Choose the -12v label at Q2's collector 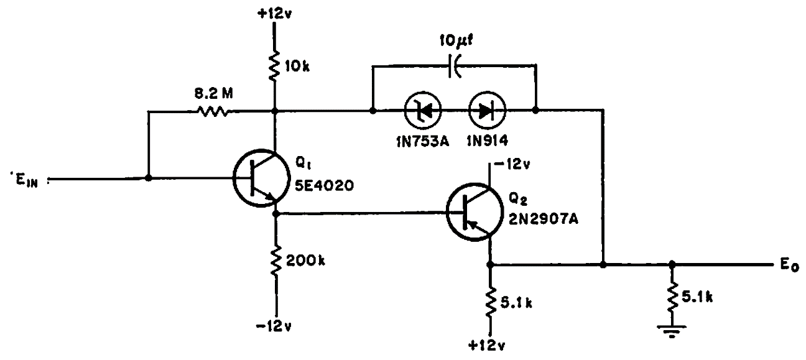point(511,165)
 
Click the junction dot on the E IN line point(148,178)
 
